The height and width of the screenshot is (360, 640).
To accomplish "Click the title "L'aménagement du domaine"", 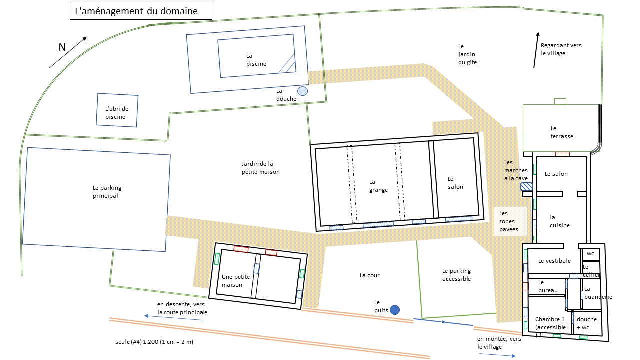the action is click(136, 11).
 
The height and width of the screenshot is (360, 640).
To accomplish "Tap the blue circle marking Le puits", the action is click(395, 310).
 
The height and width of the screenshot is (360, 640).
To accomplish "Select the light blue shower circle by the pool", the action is click(302, 91).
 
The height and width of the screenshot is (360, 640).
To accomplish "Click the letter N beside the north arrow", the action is click(62, 47).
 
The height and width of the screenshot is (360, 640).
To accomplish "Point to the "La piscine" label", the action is click(256, 60).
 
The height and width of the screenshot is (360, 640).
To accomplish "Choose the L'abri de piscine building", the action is click(117, 110).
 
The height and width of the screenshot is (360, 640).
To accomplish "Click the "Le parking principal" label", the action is click(107, 192).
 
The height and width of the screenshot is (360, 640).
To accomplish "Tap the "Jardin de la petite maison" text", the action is click(260, 168).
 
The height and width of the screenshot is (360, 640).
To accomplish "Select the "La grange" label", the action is click(378, 186).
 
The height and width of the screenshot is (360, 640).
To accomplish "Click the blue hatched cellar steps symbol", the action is click(526, 187).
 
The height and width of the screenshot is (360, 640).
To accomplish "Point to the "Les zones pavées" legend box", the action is click(510, 221).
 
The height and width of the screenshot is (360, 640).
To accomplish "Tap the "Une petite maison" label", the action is click(235, 281).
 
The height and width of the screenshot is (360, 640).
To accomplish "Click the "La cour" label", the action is click(369, 275).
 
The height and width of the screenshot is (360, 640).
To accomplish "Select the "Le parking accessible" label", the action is click(456, 275).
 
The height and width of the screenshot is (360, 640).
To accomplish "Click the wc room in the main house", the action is click(591, 254).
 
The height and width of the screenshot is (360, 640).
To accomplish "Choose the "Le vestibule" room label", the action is click(554, 261).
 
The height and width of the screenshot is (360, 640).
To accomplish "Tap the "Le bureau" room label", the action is click(548, 286).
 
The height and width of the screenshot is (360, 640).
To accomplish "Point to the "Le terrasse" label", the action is click(561, 132).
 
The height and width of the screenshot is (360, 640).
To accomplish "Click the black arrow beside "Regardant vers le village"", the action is click(536, 50).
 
